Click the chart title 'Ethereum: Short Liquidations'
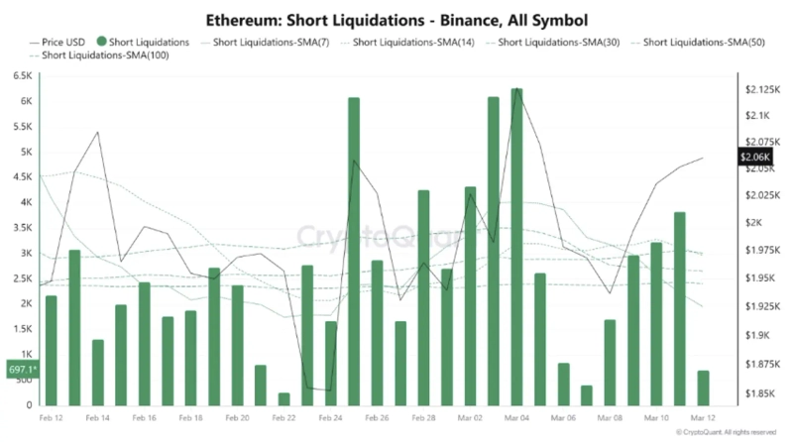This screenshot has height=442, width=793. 396,19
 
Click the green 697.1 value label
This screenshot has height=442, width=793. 21,369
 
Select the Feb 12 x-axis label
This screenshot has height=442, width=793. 52,419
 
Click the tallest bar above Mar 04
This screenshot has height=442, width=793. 516,248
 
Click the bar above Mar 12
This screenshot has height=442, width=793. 703,387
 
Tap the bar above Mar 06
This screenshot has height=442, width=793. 563,384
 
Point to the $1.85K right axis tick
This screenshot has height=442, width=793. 759,393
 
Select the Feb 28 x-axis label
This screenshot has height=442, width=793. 423,419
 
